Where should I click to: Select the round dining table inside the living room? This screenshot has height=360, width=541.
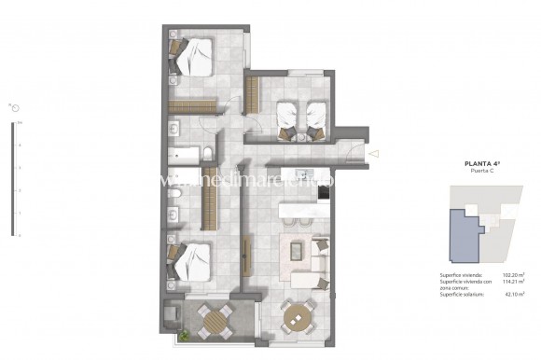tap(298, 317)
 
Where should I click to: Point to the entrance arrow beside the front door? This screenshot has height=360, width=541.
tap(374, 153)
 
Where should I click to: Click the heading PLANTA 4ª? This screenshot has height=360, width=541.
tap(482, 164)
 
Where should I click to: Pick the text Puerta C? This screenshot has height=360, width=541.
tap(482, 173)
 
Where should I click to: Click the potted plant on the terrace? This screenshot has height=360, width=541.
tap(187, 333)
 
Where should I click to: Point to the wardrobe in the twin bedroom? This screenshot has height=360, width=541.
tap(251, 94)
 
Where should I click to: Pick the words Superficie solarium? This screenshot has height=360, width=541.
tap(462, 298)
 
